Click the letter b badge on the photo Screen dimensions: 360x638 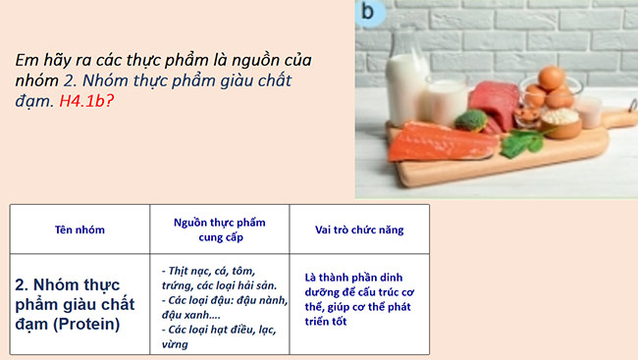369,12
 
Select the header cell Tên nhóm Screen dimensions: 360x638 80,230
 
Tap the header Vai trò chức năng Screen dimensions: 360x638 359,230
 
